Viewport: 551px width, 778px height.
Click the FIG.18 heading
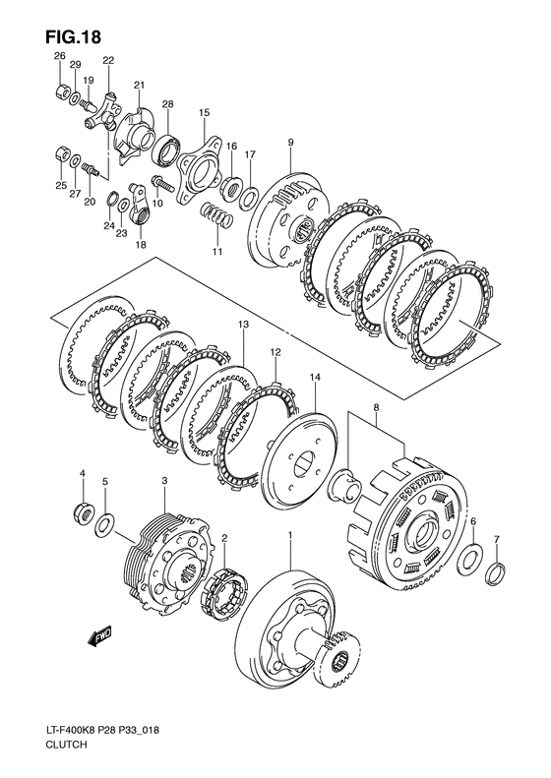[73, 36]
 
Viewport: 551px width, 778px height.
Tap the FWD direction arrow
[99, 636]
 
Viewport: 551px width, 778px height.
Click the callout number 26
[60, 56]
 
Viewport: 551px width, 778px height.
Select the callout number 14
[315, 378]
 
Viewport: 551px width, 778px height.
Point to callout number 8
[376, 407]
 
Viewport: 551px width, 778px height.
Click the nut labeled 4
[83, 510]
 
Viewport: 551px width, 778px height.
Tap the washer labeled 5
[104, 525]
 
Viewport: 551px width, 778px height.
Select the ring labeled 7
[497, 571]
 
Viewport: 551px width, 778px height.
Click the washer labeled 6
[469, 560]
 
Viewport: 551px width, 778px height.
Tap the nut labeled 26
[62, 91]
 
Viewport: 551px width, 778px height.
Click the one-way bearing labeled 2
[223, 594]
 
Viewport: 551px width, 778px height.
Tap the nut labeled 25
[62, 154]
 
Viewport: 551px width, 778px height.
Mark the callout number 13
[243, 324]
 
